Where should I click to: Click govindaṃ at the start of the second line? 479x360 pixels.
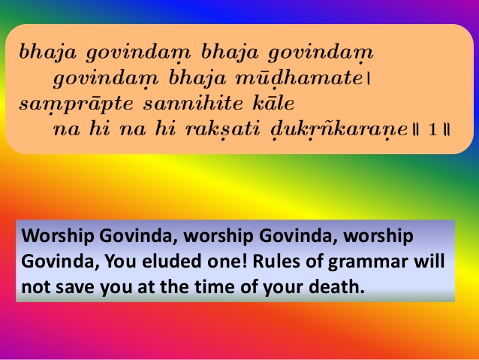(x=95, y=78)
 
